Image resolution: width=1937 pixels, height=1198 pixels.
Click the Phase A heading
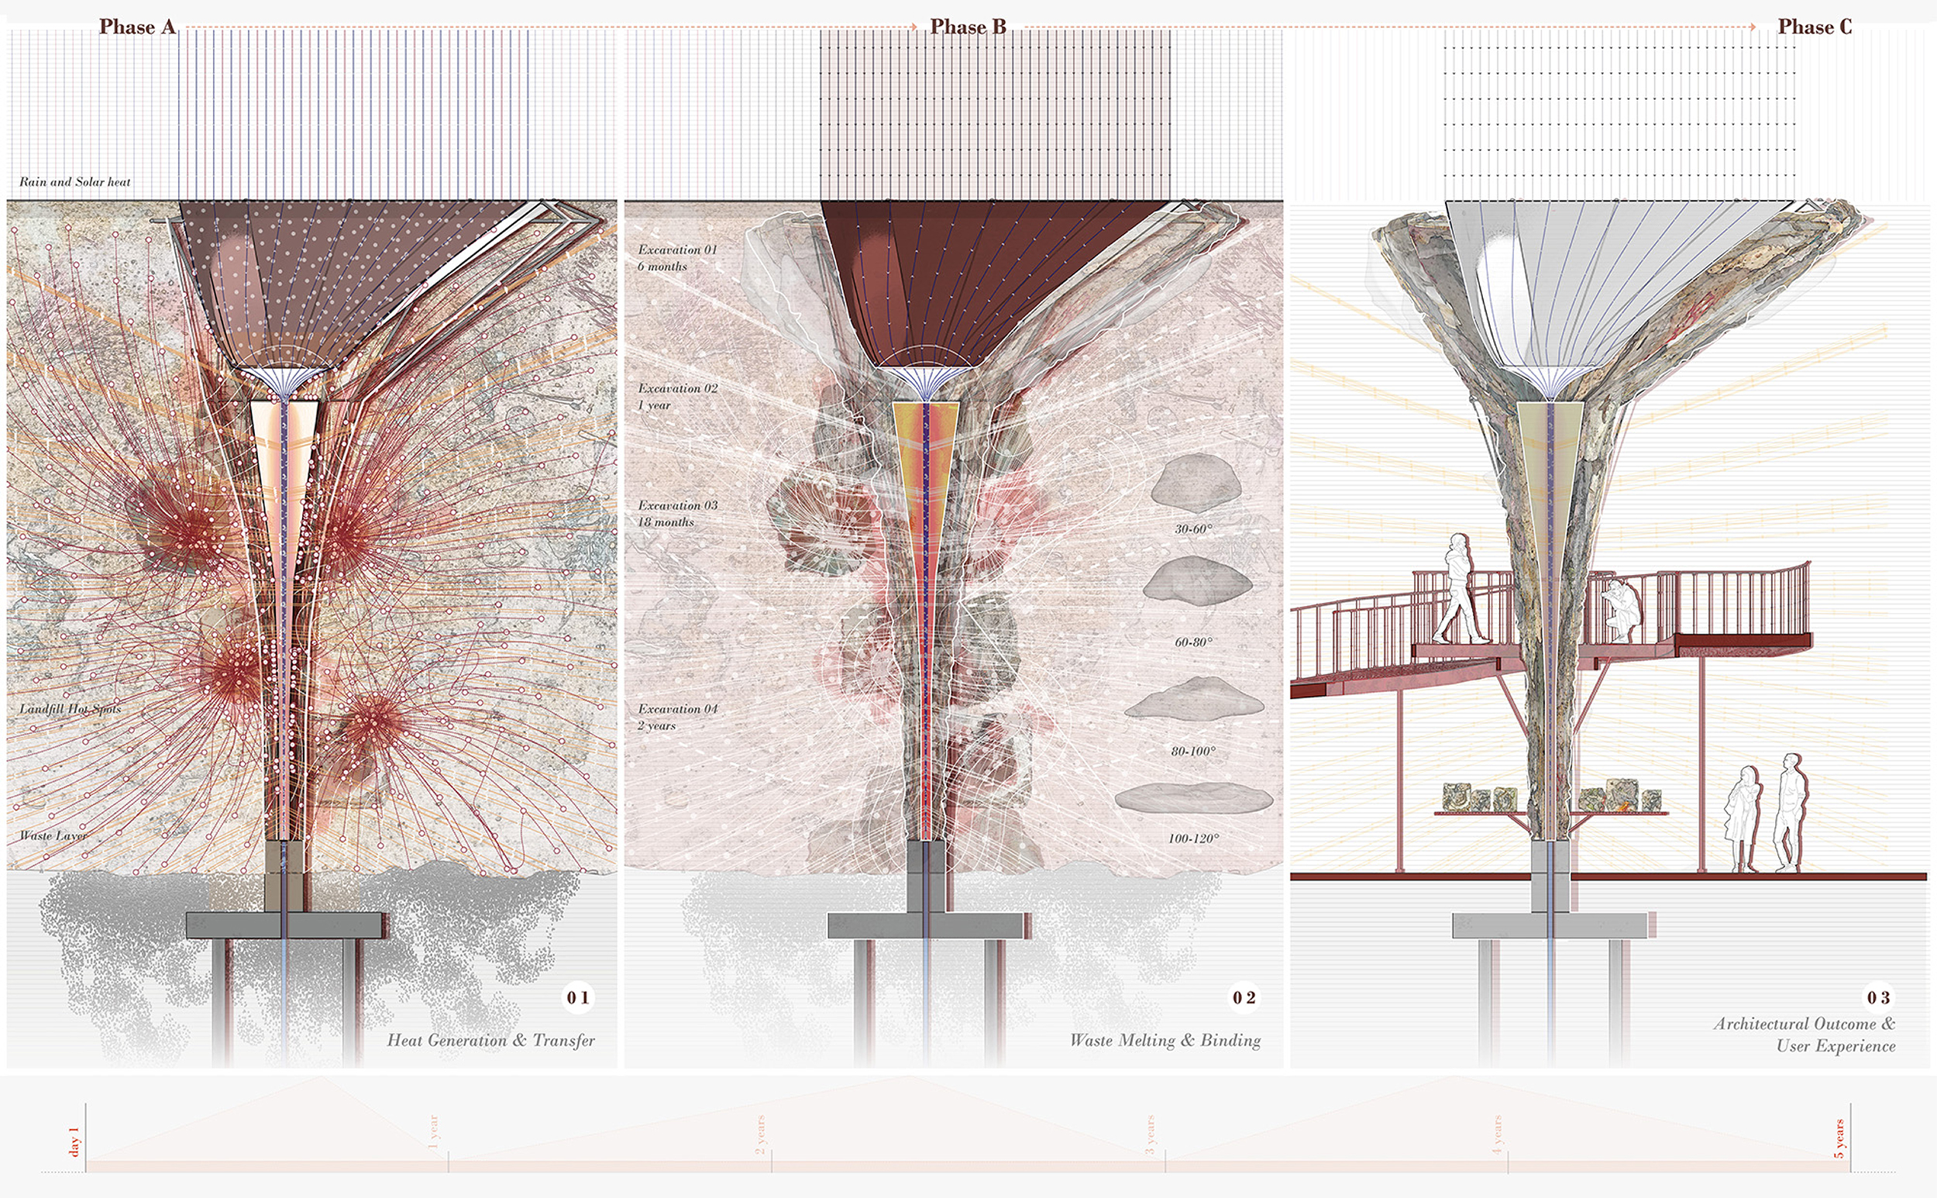click(137, 27)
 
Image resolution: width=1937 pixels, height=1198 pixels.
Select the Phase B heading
click(967, 27)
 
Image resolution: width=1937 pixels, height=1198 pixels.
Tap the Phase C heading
click(1815, 27)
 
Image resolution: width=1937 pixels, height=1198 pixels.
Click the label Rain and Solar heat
click(74, 181)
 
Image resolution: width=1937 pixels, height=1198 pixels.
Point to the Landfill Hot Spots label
click(70, 708)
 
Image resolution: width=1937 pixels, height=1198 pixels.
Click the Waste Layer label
click(53, 835)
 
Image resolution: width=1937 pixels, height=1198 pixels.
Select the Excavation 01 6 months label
click(676, 257)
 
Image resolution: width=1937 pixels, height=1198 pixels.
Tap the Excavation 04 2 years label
click(676, 717)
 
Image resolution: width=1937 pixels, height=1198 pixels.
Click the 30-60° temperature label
click(1193, 528)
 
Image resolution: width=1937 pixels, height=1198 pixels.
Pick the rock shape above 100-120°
click(1193, 797)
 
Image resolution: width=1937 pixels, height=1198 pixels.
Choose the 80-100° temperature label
click(1193, 750)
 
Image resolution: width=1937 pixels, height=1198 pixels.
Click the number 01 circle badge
click(577, 997)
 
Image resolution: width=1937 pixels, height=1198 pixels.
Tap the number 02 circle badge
click(1244, 997)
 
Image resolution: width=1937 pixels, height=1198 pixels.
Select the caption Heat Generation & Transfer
click(490, 1041)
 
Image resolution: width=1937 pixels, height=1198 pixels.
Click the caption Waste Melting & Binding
click(1165, 1041)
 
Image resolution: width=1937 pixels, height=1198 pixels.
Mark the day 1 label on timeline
click(75, 1141)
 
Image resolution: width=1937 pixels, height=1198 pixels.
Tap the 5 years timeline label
click(1839, 1138)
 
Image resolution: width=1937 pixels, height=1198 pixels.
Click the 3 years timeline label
click(1151, 1134)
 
